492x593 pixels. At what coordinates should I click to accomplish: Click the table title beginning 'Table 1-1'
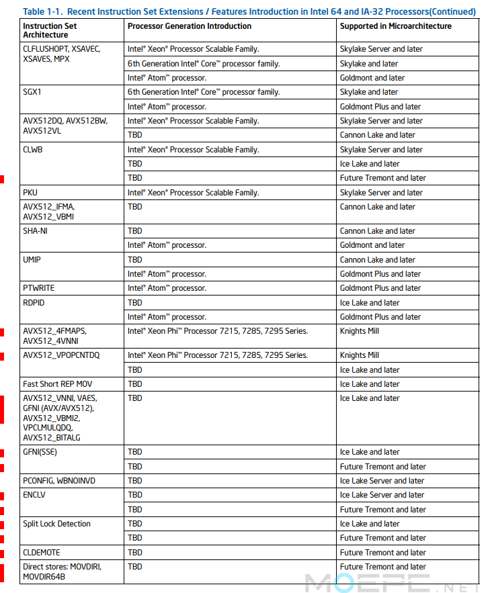pos(249,11)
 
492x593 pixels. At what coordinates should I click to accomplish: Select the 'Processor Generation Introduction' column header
pos(190,26)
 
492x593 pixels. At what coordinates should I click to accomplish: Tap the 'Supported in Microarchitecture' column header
pos(395,26)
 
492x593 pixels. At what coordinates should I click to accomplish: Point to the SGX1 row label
pos(32,92)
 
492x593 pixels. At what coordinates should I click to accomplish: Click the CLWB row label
pos(33,150)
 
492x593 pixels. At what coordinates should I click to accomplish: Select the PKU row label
pos(30,193)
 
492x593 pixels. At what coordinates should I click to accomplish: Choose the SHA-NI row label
pos(35,231)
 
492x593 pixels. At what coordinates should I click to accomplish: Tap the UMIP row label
pos(32,259)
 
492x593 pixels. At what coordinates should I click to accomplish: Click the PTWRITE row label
pos(39,288)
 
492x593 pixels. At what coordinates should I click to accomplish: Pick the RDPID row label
pos(33,303)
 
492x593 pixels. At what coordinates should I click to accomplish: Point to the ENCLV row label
pos(34,495)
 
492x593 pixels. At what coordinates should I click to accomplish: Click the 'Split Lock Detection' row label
pos(56,524)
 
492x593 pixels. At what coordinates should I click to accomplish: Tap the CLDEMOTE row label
pos(41,553)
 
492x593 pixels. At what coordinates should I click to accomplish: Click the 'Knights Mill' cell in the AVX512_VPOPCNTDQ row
pos(360,355)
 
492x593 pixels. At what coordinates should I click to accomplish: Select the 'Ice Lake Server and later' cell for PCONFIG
pos(382,481)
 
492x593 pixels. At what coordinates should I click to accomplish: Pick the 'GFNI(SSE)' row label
pos(40,452)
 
